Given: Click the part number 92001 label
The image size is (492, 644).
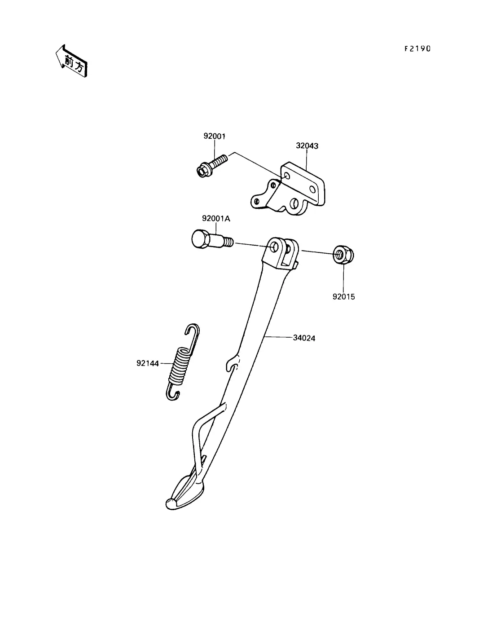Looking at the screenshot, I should (x=214, y=136).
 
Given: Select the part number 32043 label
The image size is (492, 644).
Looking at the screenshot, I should (x=307, y=146).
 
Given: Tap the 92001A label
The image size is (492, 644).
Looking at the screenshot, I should (x=216, y=219).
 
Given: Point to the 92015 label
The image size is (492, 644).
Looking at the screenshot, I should (x=343, y=297).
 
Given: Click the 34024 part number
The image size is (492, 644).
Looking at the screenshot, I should (x=304, y=338).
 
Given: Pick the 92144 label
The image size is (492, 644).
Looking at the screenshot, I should (x=148, y=363).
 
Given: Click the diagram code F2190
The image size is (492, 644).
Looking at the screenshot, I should (x=417, y=49).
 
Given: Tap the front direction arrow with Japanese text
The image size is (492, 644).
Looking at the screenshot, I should (x=71, y=61).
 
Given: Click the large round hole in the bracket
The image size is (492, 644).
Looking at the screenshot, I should (x=294, y=204).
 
